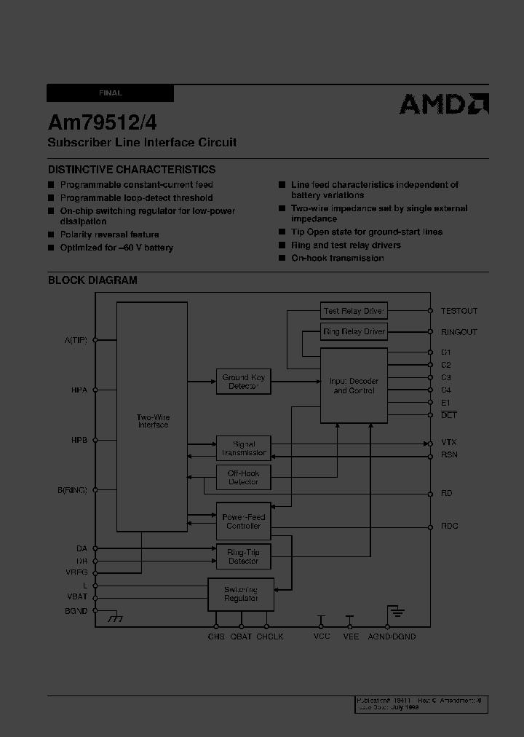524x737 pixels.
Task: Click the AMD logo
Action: click(x=443, y=104)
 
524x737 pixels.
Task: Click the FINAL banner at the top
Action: click(x=110, y=93)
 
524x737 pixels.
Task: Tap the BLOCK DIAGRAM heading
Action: click(x=92, y=280)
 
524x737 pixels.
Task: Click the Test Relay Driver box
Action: click(x=353, y=311)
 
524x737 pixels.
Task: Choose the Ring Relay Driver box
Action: click(x=353, y=332)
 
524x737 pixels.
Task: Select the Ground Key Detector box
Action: click(x=243, y=382)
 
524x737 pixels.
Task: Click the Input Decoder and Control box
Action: click(x=354, y=386)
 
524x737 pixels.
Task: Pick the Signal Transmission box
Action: click(x=243, y=448)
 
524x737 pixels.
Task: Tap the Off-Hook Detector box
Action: click(x=243, y=478)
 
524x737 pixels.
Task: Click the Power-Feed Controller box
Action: click(x=243, y=521)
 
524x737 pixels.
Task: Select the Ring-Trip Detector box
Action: click(x=243, y=556)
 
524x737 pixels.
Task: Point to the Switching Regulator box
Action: click(x=241, y=594)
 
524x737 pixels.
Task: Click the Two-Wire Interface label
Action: click(x=153, y=421)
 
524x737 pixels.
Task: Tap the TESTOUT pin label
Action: click(x=459, y=311)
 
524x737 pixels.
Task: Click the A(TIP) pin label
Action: click(x=76, y=340)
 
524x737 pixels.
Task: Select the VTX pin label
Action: click(x=449, y=443)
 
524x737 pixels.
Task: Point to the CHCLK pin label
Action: click(x=269, y=636)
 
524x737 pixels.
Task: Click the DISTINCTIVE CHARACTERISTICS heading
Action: click(x=132, y=169)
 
